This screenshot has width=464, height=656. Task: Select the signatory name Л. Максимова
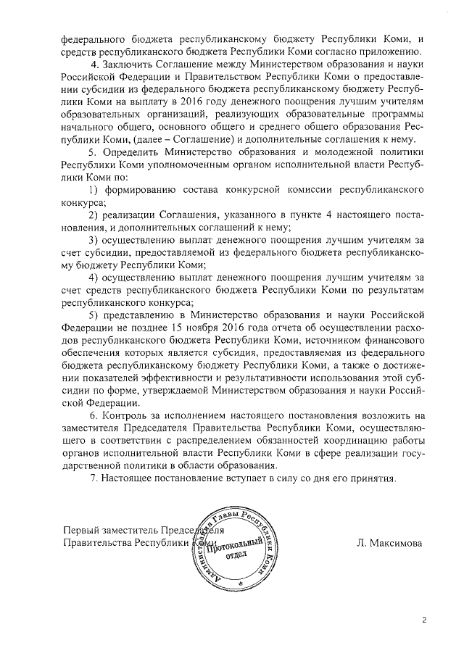click(391, 541)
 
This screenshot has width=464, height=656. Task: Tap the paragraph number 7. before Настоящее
click(92, 480)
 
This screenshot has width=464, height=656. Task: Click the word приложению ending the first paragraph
click(384, 49)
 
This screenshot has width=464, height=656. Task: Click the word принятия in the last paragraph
click(372, 480)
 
